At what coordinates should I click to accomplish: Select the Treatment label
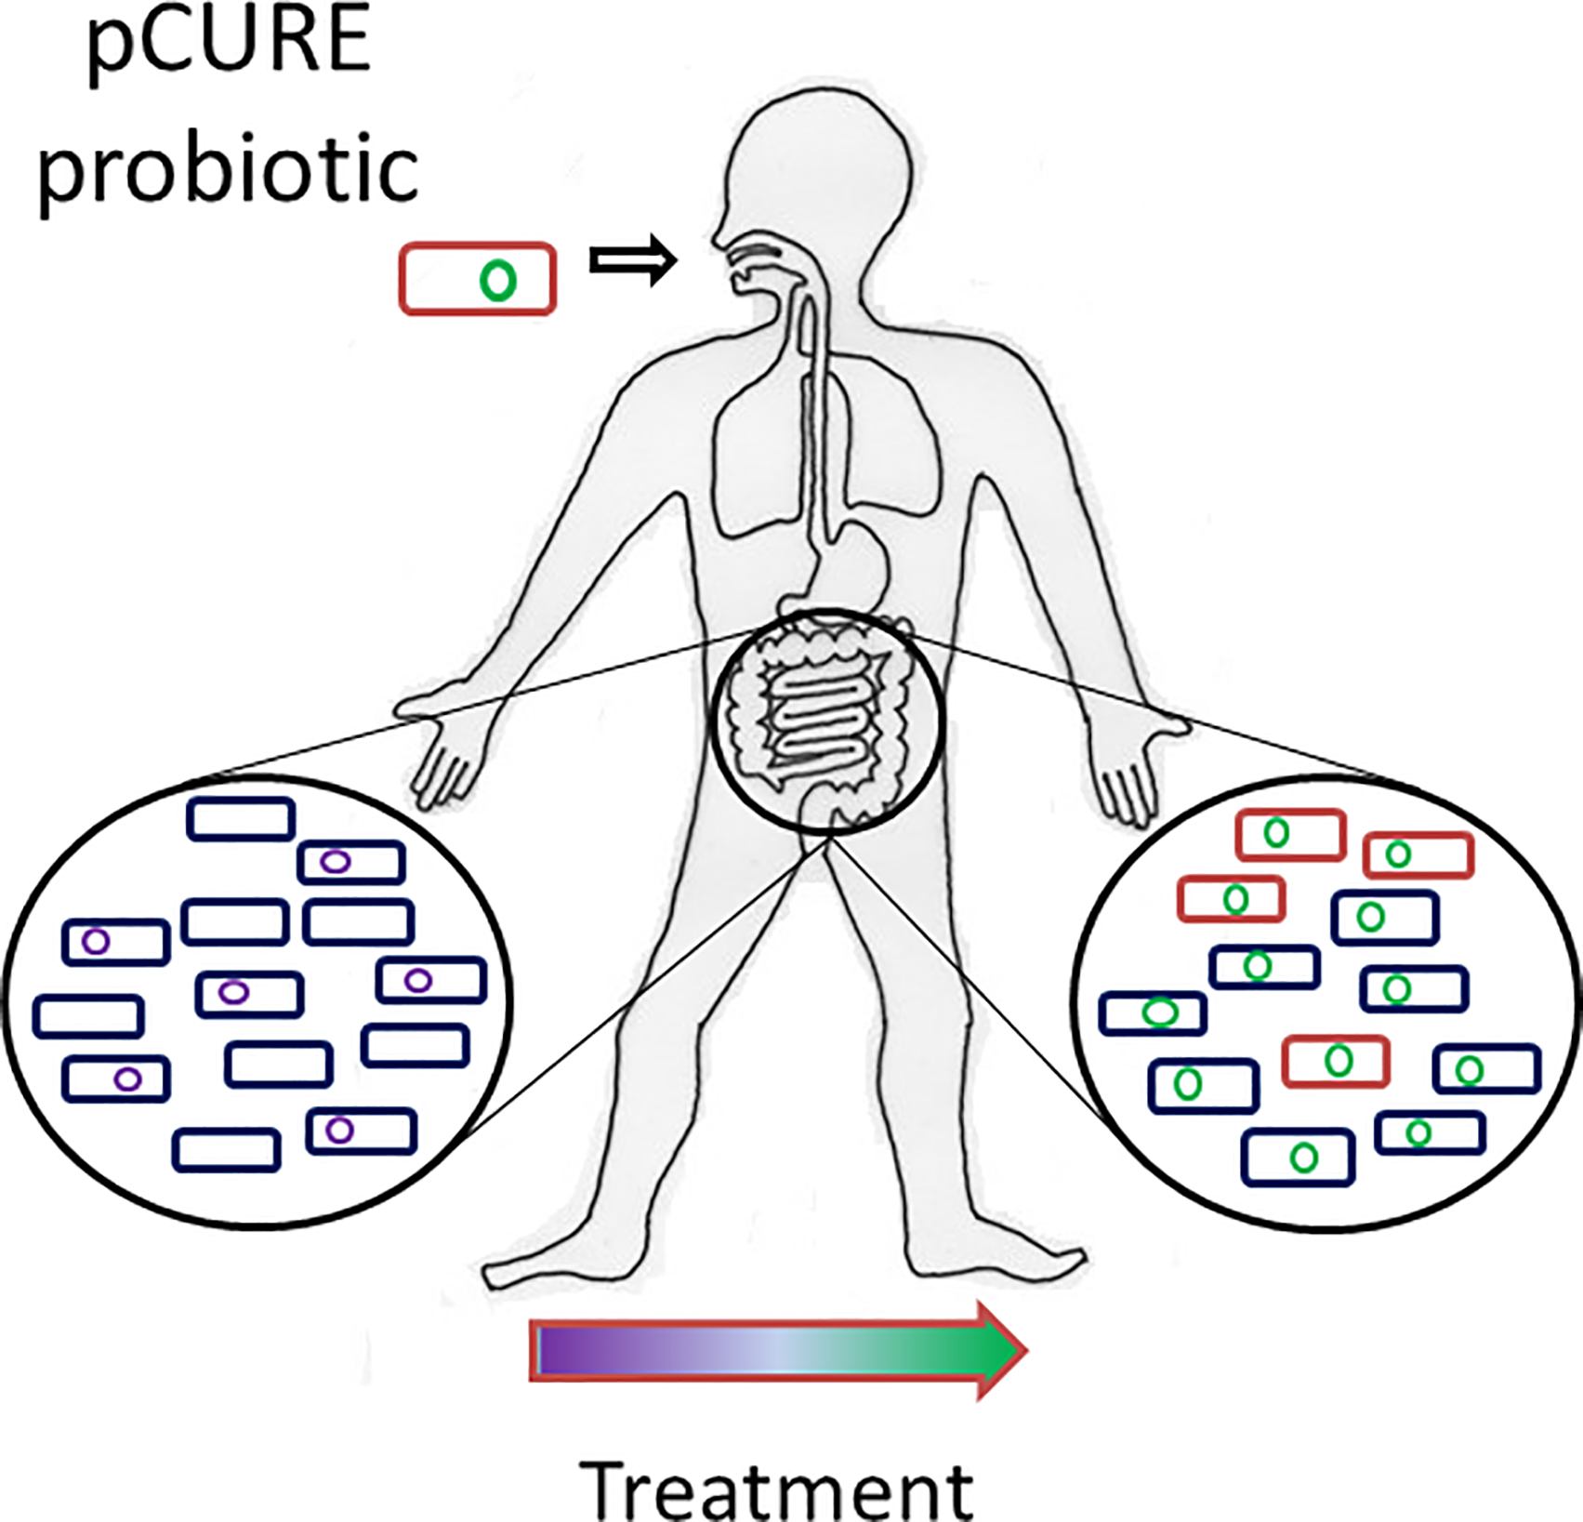point(776,1489)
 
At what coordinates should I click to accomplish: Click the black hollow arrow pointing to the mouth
point(632,260)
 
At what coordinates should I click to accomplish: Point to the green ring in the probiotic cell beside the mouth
point(497,280)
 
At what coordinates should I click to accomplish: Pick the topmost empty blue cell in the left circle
point(241,819)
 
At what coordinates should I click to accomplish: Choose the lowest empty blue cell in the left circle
point(226,1150)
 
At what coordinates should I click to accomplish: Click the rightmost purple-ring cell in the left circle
point(431,980)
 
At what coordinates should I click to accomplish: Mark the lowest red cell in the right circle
point(1336,1061)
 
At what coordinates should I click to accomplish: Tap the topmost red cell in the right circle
point(1290,834)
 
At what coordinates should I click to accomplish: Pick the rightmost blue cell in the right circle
point(1486,1068)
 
